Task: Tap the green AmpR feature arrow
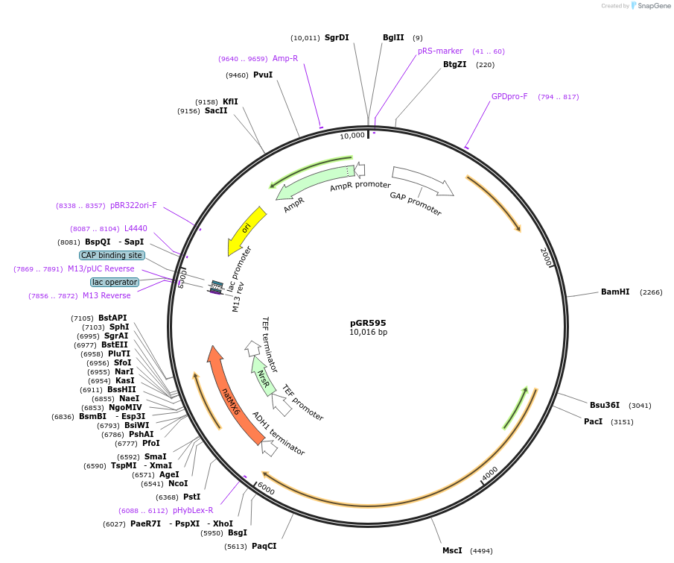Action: pos(305,187)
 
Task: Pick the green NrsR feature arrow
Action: pos(261,374)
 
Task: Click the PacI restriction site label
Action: pos(594,421)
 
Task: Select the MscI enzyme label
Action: pos(452,550)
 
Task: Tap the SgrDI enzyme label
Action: pos(337,37)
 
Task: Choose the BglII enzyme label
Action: pos(393,37)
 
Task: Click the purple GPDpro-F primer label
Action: pos(509,96)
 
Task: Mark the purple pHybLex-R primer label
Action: pos(193,510)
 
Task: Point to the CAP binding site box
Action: pos(112,255)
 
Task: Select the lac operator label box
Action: pos(115,282)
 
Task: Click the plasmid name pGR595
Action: pos(368,323)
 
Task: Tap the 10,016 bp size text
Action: pos(368,333)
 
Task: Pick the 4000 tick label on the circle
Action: pos(489,474)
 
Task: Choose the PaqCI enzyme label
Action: pos(264,546)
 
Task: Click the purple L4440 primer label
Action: pos(136,228)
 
